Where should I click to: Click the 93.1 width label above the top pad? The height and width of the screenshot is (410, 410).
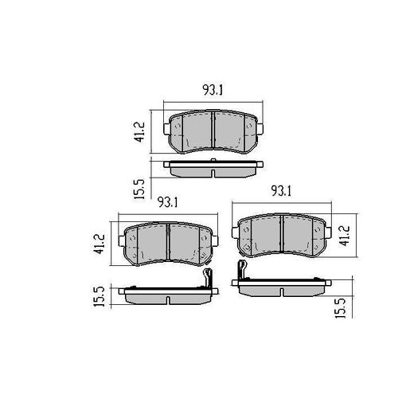point(213,91)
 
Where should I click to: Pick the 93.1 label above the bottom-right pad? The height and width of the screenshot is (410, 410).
point(282,191)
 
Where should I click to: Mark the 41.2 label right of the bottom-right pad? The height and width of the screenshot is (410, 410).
point(344,236)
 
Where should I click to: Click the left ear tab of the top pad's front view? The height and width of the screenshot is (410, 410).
point(166,128)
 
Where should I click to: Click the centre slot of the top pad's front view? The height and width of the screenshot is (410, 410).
point(213,130)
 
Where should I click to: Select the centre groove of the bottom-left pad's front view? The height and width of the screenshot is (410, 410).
point(169,241)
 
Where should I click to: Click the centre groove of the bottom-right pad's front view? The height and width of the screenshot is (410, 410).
point(283,232)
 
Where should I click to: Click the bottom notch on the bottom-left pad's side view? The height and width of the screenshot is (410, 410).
point(169,299)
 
